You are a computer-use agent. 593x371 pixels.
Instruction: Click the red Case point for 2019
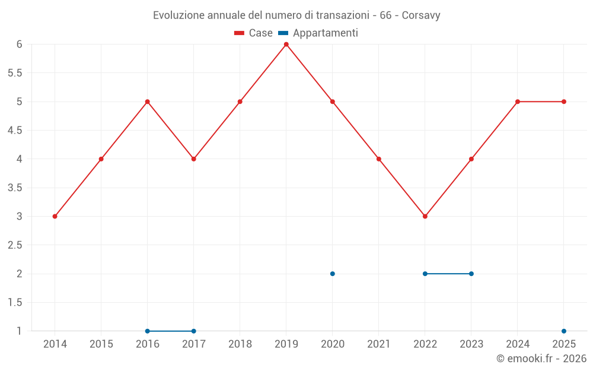[286, 45]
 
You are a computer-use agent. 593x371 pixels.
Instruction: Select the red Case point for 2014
[55, 216]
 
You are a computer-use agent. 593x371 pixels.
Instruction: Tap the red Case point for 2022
[425, 216]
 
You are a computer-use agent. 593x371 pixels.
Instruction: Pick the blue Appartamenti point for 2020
[332, 274]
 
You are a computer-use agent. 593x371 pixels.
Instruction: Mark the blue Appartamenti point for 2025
[563, 331]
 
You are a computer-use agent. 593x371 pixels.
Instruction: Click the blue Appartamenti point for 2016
[147, 331]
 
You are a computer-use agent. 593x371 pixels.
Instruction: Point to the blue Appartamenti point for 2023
[471, 274]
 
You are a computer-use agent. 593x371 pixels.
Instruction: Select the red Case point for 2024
[517, 102]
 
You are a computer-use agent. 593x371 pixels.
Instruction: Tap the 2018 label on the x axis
[240, 344]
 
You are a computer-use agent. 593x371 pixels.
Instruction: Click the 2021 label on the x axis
[378, 344]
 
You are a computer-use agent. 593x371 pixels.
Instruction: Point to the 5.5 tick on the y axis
[15, 73]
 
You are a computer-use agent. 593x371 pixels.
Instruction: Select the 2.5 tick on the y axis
[15, 245]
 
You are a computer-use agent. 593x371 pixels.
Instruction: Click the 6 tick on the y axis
[19, 45]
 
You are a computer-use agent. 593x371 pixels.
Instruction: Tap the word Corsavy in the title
[421, 15]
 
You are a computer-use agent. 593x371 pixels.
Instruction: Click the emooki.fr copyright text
[541, 359]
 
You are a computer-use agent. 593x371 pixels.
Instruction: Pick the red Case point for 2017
[193, 159]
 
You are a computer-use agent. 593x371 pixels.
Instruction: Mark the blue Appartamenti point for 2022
[425, 274]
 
